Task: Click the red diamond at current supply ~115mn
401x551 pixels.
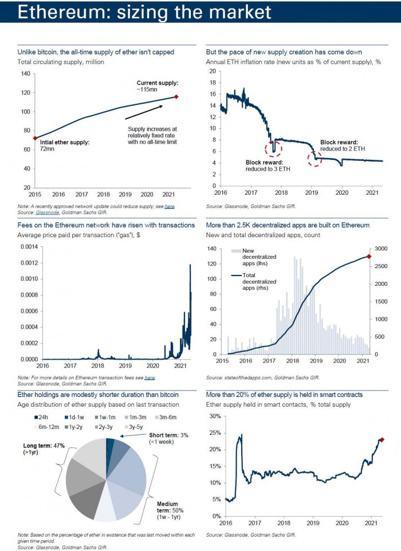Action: click(x=176, y=97)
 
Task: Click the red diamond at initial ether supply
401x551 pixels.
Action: click(x=36, y=138)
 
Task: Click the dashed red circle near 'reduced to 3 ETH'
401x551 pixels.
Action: click(x=273, y=148)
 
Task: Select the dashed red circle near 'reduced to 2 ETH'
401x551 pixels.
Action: click(x=314, y=158)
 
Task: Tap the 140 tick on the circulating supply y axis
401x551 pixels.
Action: click(x=25, y=74)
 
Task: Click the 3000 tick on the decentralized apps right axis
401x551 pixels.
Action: click(x=382, y=249)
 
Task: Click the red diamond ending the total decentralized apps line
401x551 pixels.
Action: click(x=369, y=257)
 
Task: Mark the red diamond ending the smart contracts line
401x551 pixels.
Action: click(x=382, y=440)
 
